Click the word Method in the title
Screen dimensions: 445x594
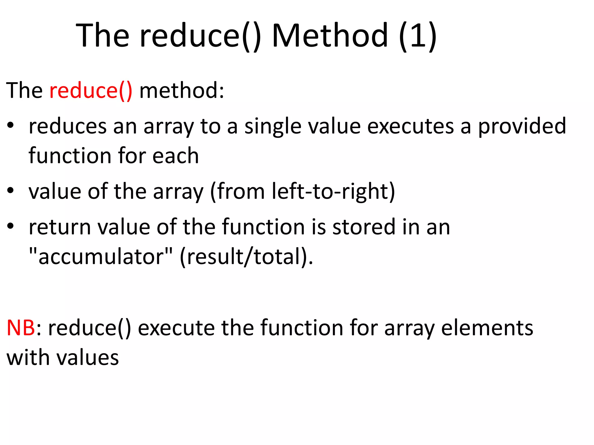(330, 36)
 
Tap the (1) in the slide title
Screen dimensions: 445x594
(417, 36)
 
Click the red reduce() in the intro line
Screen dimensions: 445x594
(91, 91)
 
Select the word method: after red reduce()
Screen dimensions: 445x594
(182, 91)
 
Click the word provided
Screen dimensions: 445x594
(522, 126)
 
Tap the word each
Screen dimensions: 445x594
(175, 156)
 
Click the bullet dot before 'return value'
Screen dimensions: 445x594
(11, 226)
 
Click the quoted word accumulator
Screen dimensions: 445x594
(101, 257)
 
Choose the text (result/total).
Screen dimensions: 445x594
(246, 257)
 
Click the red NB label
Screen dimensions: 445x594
(21, 328)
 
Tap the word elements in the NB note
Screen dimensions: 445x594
(487, 328)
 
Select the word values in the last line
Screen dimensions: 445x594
(87, 358)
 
